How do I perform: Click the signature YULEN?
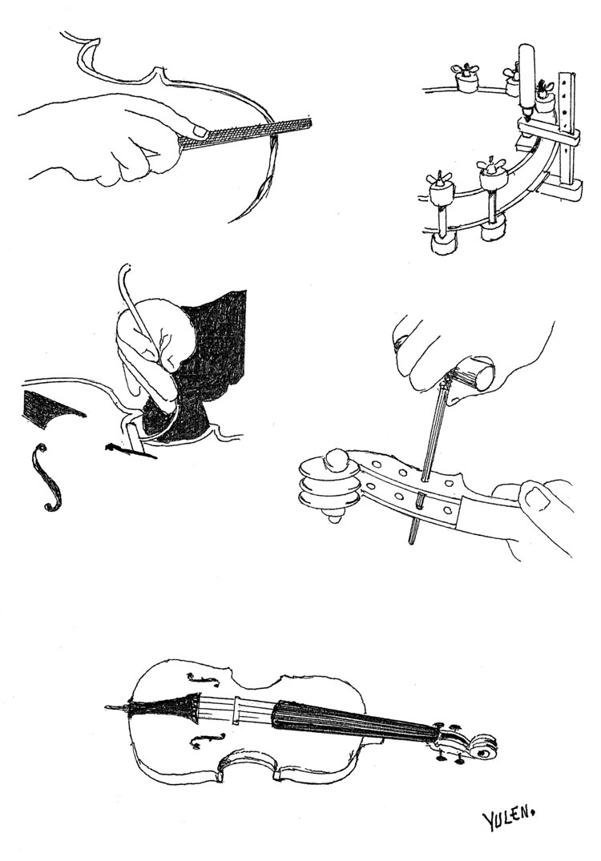507,818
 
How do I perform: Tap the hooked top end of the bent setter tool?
122,276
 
